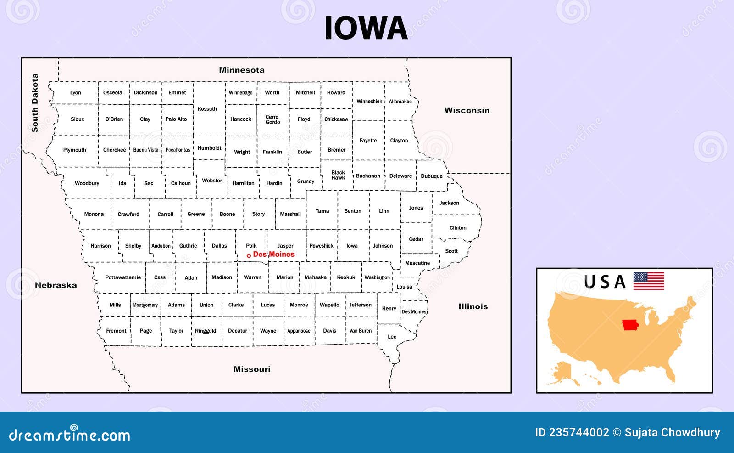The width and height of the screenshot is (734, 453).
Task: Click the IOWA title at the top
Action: pos(366,28)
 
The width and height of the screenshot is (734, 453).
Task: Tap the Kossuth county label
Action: pos(207,109)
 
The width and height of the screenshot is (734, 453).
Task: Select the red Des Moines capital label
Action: pos(274,254)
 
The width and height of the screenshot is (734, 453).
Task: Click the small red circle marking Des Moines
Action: pos(249,255)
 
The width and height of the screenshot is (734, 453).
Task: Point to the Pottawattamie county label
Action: pos(123,277)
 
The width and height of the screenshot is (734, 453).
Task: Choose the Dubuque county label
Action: pos(432,176)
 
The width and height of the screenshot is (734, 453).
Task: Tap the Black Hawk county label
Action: pos(338,175)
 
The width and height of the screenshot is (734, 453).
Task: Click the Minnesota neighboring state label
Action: pos(242,70)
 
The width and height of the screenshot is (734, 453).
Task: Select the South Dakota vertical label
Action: pos(35,103)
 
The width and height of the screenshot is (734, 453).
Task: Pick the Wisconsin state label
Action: pos(467,110)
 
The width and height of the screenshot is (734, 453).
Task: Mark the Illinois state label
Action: pos(473,306)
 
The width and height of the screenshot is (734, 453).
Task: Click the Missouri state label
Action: pos(252,369)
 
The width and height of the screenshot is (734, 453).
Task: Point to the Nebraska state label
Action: pos(56,285)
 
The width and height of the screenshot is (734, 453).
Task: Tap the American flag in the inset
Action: pos(649,281)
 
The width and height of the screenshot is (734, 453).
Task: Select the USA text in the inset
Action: pos(605,282)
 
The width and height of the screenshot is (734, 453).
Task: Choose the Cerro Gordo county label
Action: pos(272,119)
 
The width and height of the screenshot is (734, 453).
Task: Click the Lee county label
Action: pos(392,337)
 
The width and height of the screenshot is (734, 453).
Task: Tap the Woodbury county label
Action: pos(87,183)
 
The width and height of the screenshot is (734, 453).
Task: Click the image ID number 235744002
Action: pos(579,432)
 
